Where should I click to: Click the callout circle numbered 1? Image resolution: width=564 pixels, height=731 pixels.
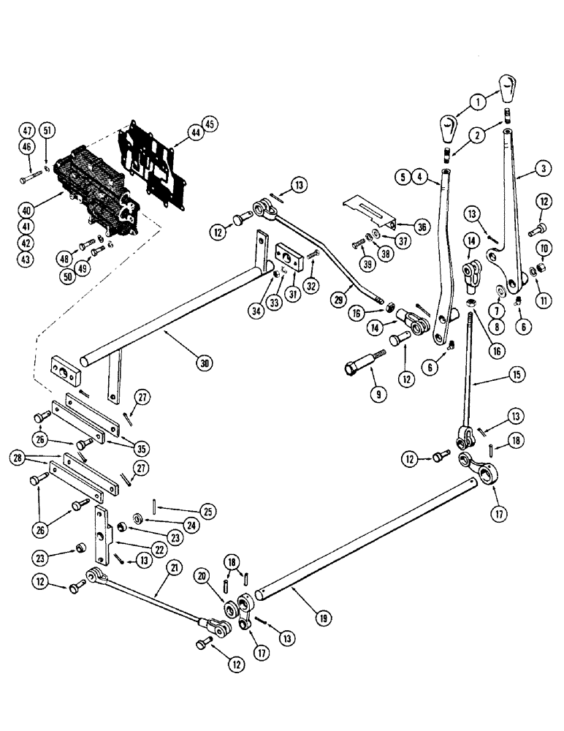click(x=477, y=102)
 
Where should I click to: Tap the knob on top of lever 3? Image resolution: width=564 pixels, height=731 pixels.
click(x=508, y=89)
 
